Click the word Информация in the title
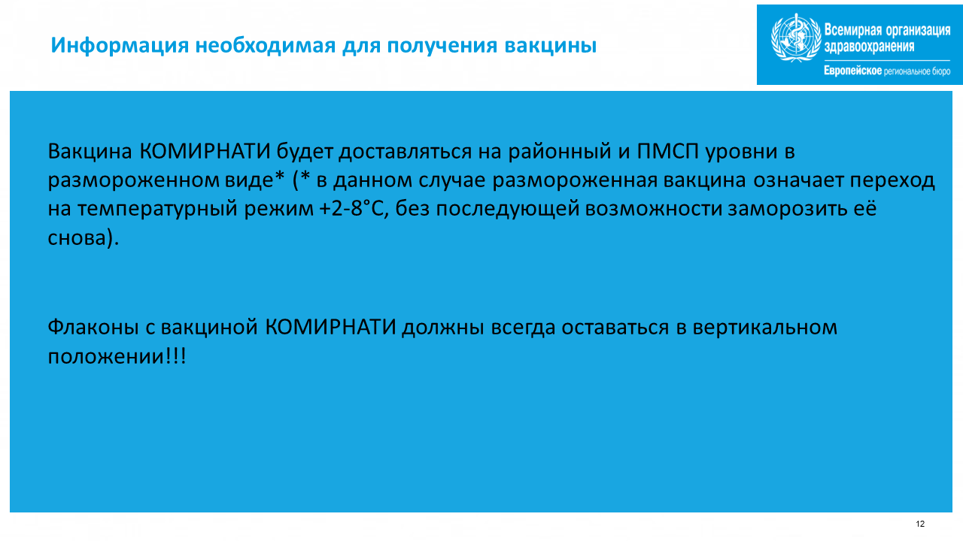(x=120, y=46)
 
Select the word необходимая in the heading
(x=266, y=46)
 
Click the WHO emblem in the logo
(x=796, y=38)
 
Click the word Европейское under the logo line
(x=852, y=71)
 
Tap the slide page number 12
(x=920, y=524)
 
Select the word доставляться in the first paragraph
(x=405, y=152)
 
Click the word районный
(x=560, y=152)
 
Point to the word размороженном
(x=133, y=180)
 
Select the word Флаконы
(x=93, y=327)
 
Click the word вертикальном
(x=765, y=328)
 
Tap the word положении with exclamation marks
(x=117, y=356)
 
